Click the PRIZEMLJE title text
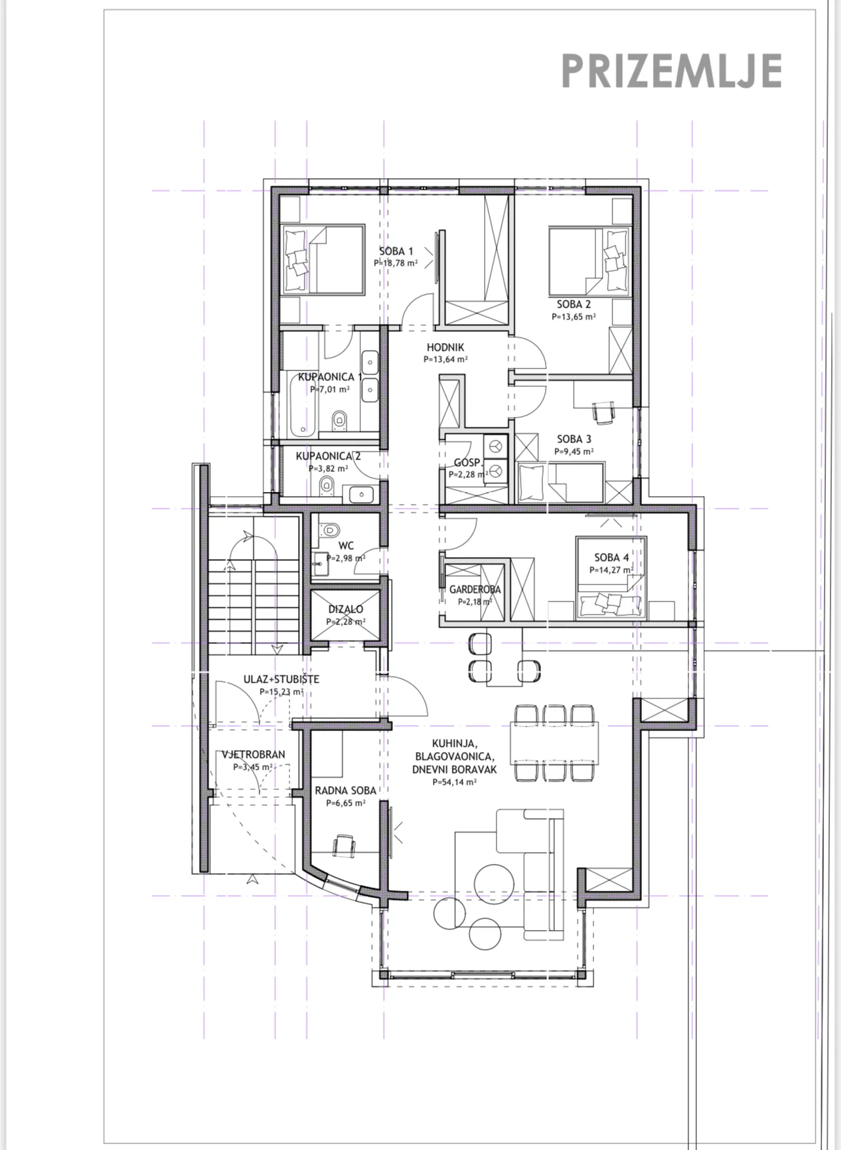tap(671, 71)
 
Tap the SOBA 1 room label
tap(396, 251)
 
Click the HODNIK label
tap(445, 348)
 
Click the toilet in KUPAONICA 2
tap(326, 484)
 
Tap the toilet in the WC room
tap(327, 529)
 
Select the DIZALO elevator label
tap(346, 609)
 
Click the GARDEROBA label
tap(475, 589)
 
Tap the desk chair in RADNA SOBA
tap(345, 846)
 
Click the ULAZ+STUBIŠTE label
tap(281, 679)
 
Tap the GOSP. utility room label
tap(468, 463)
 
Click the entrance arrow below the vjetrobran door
tap(252, 880)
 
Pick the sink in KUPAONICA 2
tap(361, 494)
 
